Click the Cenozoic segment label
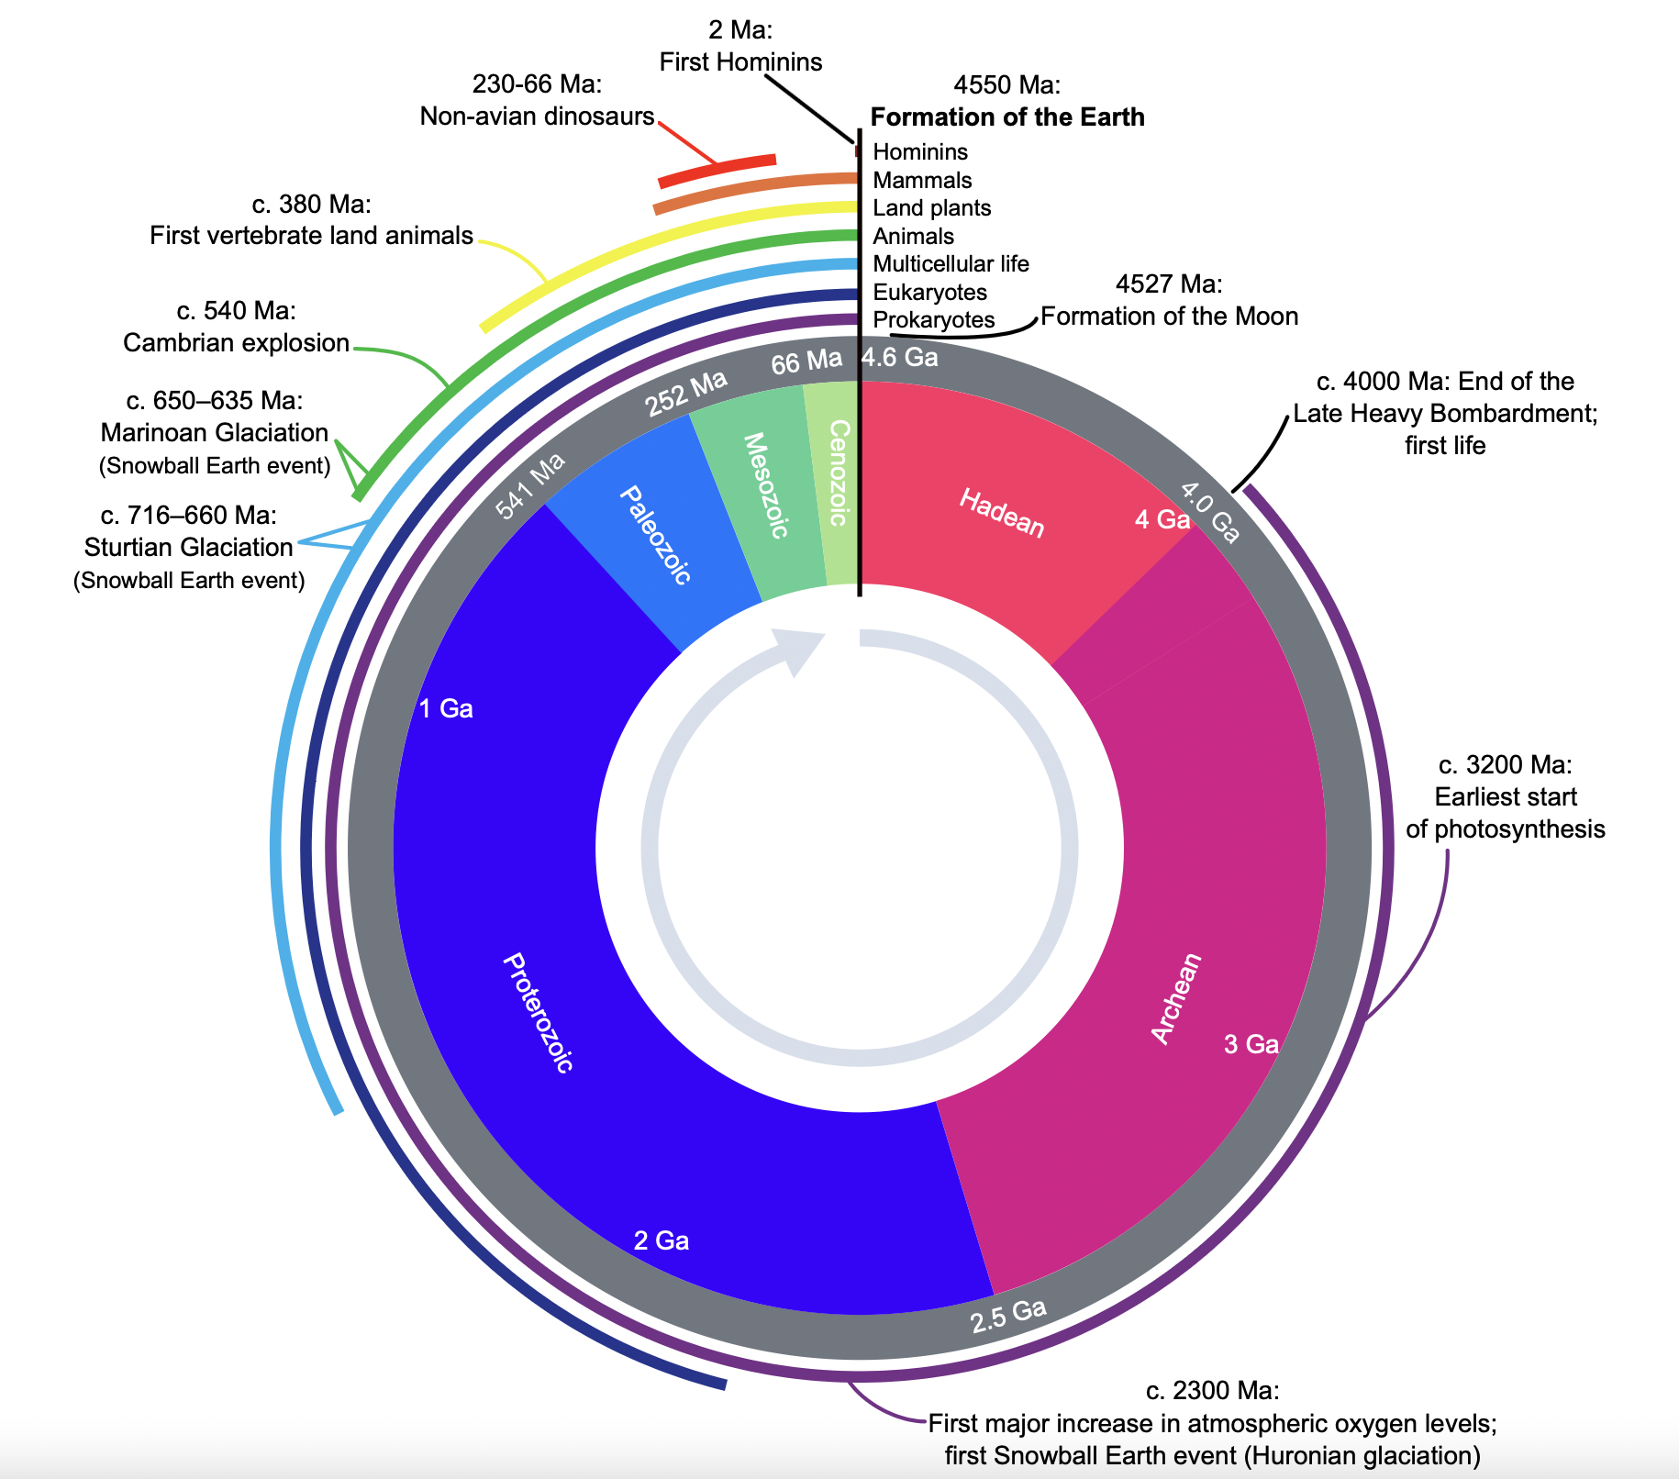point(838,473)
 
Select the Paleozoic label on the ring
point(655,535)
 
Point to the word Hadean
point(1002,512)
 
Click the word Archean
point(1176,997)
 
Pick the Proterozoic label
point(539,1013)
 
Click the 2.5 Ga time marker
point(1008,1316)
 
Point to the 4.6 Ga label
point(900,357)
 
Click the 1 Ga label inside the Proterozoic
point(446,708)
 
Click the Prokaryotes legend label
point(934,319)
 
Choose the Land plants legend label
point(932,207)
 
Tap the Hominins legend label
point(920,151)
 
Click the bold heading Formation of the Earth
point(1007,117)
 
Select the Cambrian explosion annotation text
point(237,342)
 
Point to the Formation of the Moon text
point(1170,316)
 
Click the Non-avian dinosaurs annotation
point(538,116)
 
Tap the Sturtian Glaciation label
point(189,547)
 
